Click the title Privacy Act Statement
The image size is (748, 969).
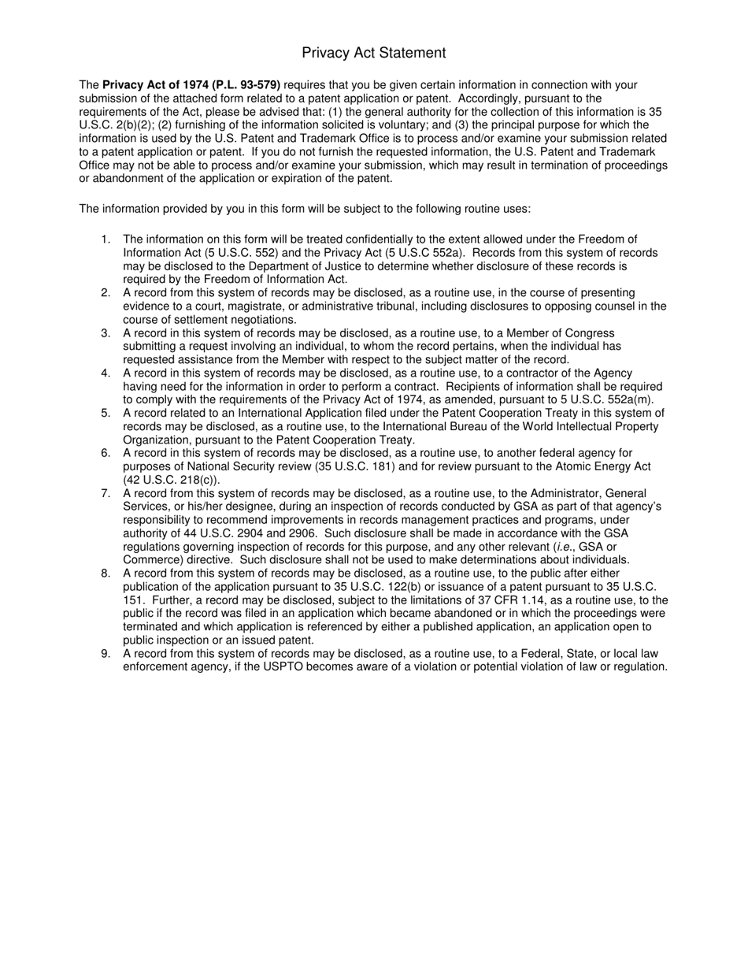pos(373,53)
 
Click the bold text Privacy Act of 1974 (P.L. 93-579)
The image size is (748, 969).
pos(191,85)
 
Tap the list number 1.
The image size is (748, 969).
pos(106,239)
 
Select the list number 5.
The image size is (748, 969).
pos(106,414)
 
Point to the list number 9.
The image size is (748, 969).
pos(106,654)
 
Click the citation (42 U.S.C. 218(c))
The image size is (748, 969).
pos(172,480)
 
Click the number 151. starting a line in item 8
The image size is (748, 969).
pos(133,600)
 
